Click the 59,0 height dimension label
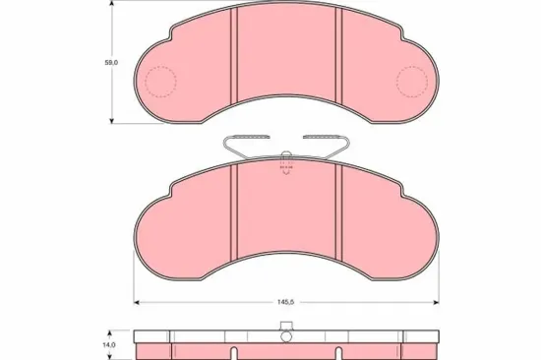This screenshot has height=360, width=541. click(x=111, y=62)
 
